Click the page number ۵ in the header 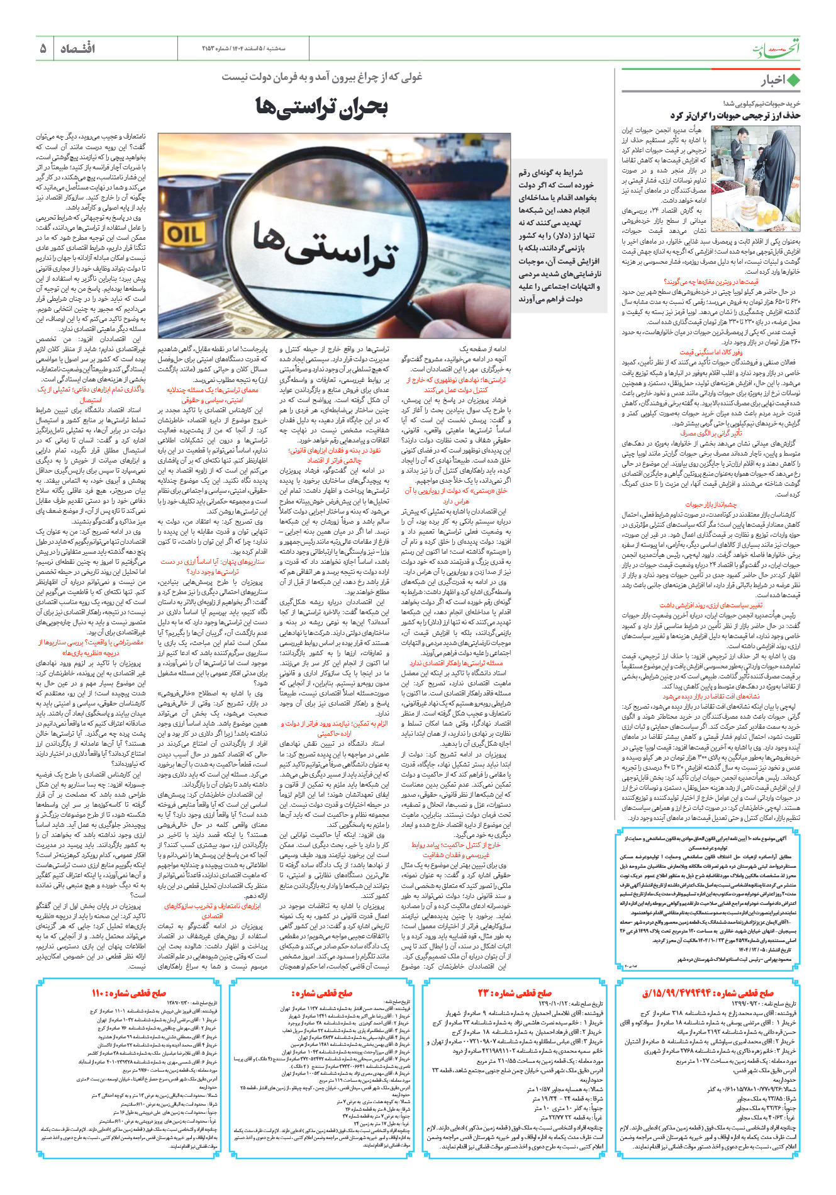(x=43, y=48)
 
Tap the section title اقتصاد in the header (x=78, y=48)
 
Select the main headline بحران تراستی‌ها (x=321, y=107)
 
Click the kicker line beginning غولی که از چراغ (x=321, y=77)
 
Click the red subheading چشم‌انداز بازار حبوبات (x=711, y=504)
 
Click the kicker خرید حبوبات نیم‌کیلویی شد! (x=761, y=103)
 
